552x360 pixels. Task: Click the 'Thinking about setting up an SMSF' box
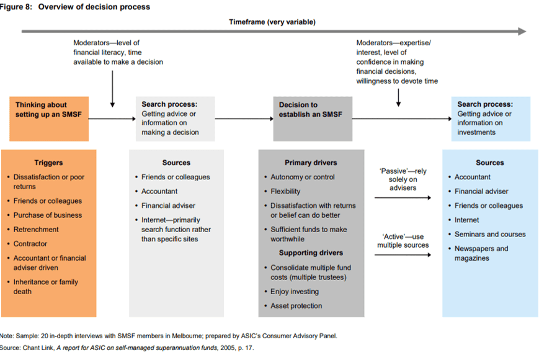coord(49,119)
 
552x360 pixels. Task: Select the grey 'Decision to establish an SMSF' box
coord(313,119)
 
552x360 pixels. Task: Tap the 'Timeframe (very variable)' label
coord(272,22)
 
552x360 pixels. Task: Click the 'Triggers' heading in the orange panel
coord(48,163)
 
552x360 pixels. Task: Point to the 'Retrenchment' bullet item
coord(36,229)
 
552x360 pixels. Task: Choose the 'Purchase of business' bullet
coord(48,215)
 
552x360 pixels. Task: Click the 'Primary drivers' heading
coord(311,163)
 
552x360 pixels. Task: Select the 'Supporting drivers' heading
coord(311,253)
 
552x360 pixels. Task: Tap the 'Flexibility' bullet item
coord(285,191)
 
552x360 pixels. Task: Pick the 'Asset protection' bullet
coord(296,306)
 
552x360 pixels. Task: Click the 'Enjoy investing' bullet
coord(295,292)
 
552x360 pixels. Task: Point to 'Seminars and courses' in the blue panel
coord(490,234)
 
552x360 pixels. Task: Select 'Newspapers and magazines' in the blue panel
coord(481,253)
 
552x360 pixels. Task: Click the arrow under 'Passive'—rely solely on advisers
coord(403,198)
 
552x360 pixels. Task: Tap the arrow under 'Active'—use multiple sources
coord(403,254)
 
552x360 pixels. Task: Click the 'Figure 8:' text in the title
coord(16,7)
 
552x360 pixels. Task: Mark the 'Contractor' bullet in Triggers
coord(30,244)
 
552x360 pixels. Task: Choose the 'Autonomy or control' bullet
coord(303,177)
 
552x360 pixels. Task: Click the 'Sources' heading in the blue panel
coord(490,163)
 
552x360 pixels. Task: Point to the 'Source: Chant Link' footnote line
coord(127,348)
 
